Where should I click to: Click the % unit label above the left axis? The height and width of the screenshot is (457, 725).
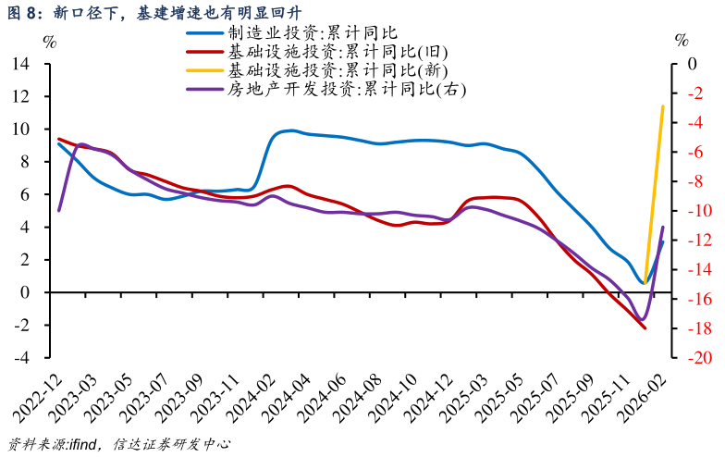50,41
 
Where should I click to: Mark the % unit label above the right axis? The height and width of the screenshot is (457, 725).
682,41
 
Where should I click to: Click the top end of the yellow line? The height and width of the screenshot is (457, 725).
663,106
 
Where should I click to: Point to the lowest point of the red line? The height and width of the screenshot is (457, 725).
645,328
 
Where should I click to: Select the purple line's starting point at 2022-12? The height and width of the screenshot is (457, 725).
58,211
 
